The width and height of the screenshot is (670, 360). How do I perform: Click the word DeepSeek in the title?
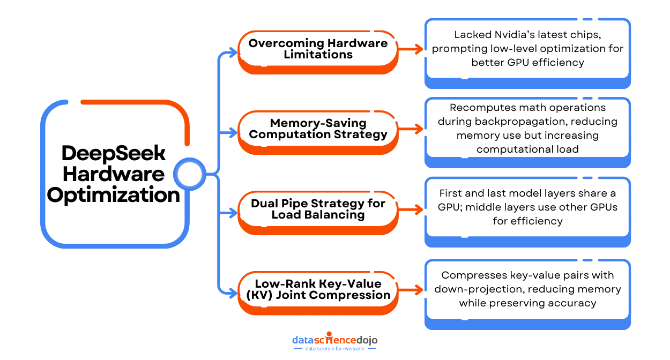pyautogui.click(x=114, y=153)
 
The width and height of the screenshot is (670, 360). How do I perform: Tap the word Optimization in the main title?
pyautogui.click(x=114, y=194)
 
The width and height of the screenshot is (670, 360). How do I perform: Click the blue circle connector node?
pyautogui.click(x=190, y=174)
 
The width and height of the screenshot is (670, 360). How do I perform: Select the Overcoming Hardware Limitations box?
pyautogui.click(x=318, y=49)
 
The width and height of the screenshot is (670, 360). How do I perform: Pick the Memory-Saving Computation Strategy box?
pyautogui.click(x=318, y=129)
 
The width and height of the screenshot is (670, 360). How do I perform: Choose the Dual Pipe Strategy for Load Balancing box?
pyautogui.click(x=318, y=209)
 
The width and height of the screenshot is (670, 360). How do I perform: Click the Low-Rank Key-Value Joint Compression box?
pyautogui.click(x=318, y=289)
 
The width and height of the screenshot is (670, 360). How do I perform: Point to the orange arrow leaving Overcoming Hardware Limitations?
pyautogui.click(x=411, y=49)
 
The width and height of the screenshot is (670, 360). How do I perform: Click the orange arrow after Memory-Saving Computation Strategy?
pyautogui.click(x=411, y=129)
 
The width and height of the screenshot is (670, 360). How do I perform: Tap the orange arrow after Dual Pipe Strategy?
pyautogui.click(x=411, y=209)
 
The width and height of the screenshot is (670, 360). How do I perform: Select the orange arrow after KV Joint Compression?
pyautogui.click(x=411, y=290)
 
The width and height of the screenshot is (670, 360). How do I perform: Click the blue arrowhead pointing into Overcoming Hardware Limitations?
pyautogui.click(x=233, y=52)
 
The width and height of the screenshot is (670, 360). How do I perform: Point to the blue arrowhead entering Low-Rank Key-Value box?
pyautogui.click(x=233, y=292)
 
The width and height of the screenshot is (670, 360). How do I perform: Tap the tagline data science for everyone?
pyautogui.click(x=334, y=349)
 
